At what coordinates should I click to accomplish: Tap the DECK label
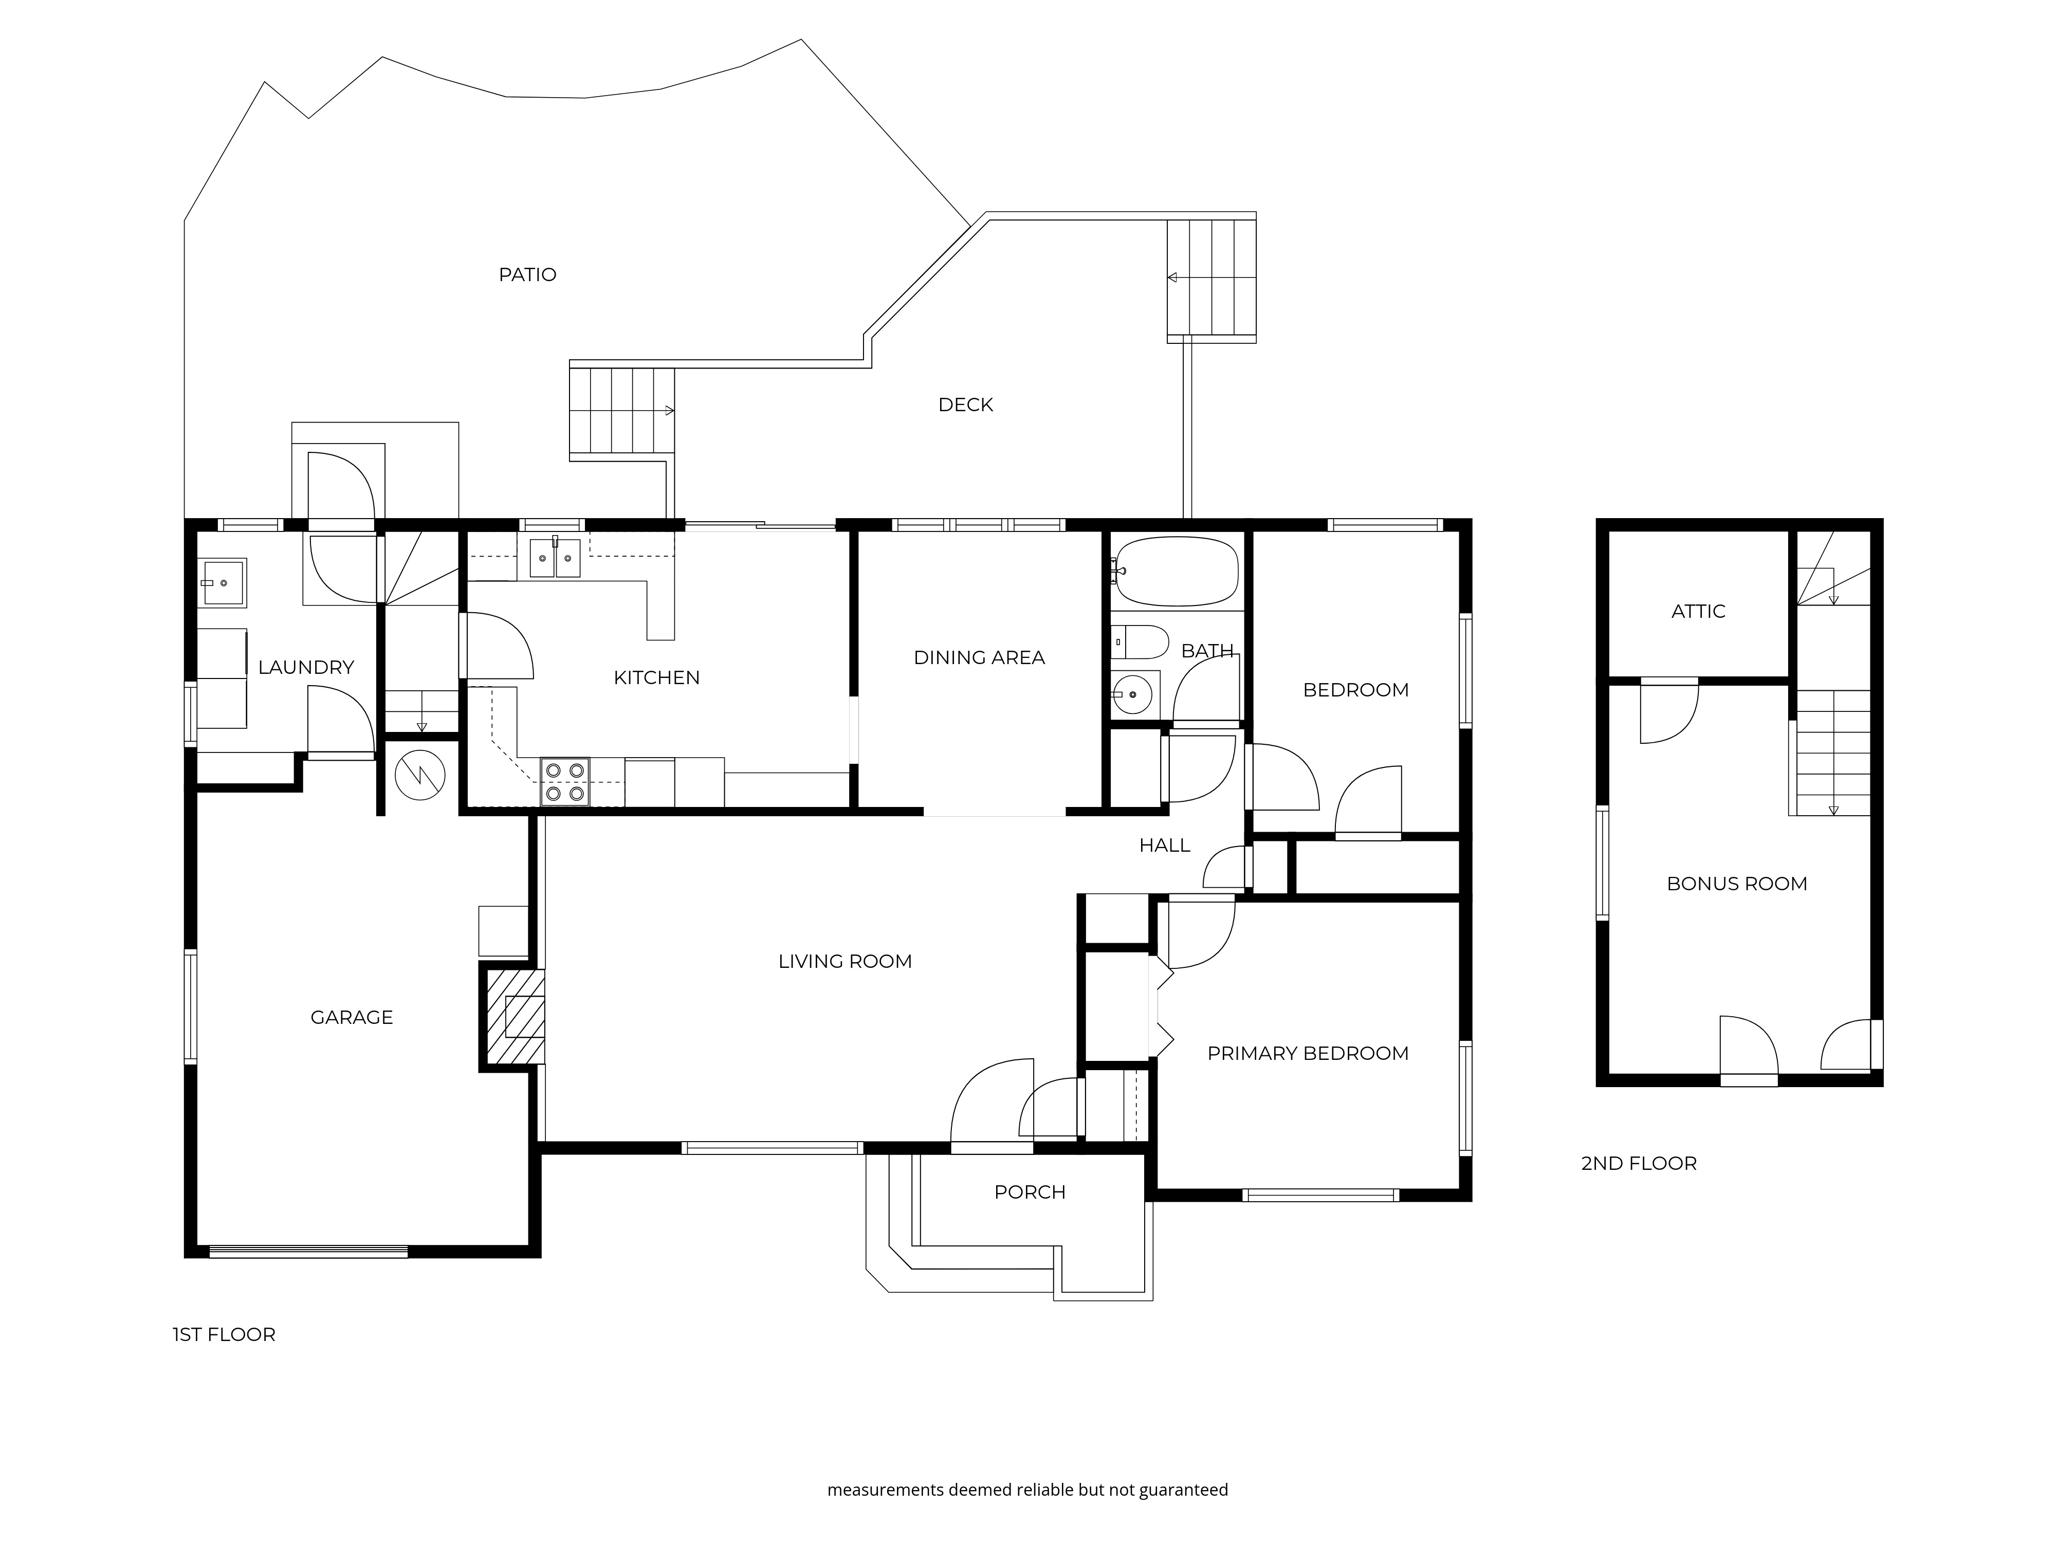click(965, 405)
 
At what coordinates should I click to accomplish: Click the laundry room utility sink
click(223, 583)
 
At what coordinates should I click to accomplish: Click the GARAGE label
click(352, 1018)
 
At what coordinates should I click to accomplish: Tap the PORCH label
click(1029, 1192)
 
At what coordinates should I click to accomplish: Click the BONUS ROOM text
click(1736, 884)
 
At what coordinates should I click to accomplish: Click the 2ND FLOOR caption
click(1638, 1164)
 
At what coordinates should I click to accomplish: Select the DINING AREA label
click(979, 658)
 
